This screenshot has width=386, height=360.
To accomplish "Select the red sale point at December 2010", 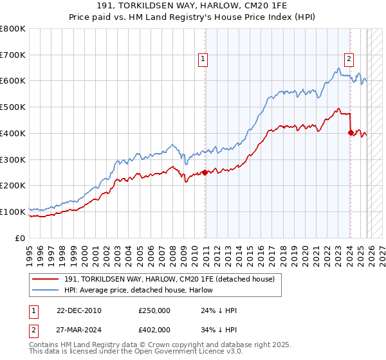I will (205, 172).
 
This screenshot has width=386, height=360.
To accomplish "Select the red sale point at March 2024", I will (351, 133).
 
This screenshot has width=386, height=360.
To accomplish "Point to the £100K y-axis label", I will (13, 212).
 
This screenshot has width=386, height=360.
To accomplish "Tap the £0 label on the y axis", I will (21, 238).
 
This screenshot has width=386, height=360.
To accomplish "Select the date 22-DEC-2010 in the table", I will (78, 310).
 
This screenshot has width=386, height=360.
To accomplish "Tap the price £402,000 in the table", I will (154, 329).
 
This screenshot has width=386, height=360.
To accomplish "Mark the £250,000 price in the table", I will (154, 310).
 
